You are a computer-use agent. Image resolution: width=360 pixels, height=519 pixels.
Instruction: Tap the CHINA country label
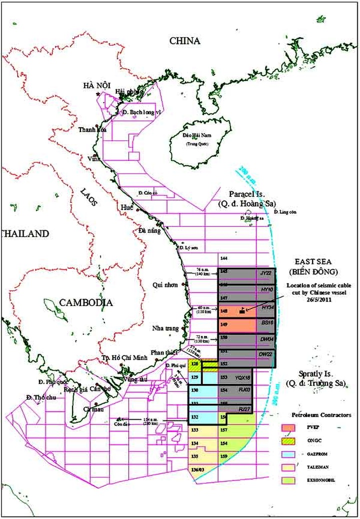click(184, 41)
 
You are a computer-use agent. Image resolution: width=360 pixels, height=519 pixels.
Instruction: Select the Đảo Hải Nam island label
click(191, 137)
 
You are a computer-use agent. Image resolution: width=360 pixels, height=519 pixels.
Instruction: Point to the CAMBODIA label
click(86, 302)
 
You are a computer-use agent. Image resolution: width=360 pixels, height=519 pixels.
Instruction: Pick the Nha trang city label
click(165, 329)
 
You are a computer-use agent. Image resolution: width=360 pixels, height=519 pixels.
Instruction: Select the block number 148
click(224, 310)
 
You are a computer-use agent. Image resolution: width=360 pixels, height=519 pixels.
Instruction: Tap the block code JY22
click(265, 273)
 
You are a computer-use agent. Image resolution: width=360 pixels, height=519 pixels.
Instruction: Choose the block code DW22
click(265, 353)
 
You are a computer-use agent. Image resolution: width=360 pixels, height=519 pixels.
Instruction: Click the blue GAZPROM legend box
click(287, 453)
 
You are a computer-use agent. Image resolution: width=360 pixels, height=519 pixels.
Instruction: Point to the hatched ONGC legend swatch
click(287, 441)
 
